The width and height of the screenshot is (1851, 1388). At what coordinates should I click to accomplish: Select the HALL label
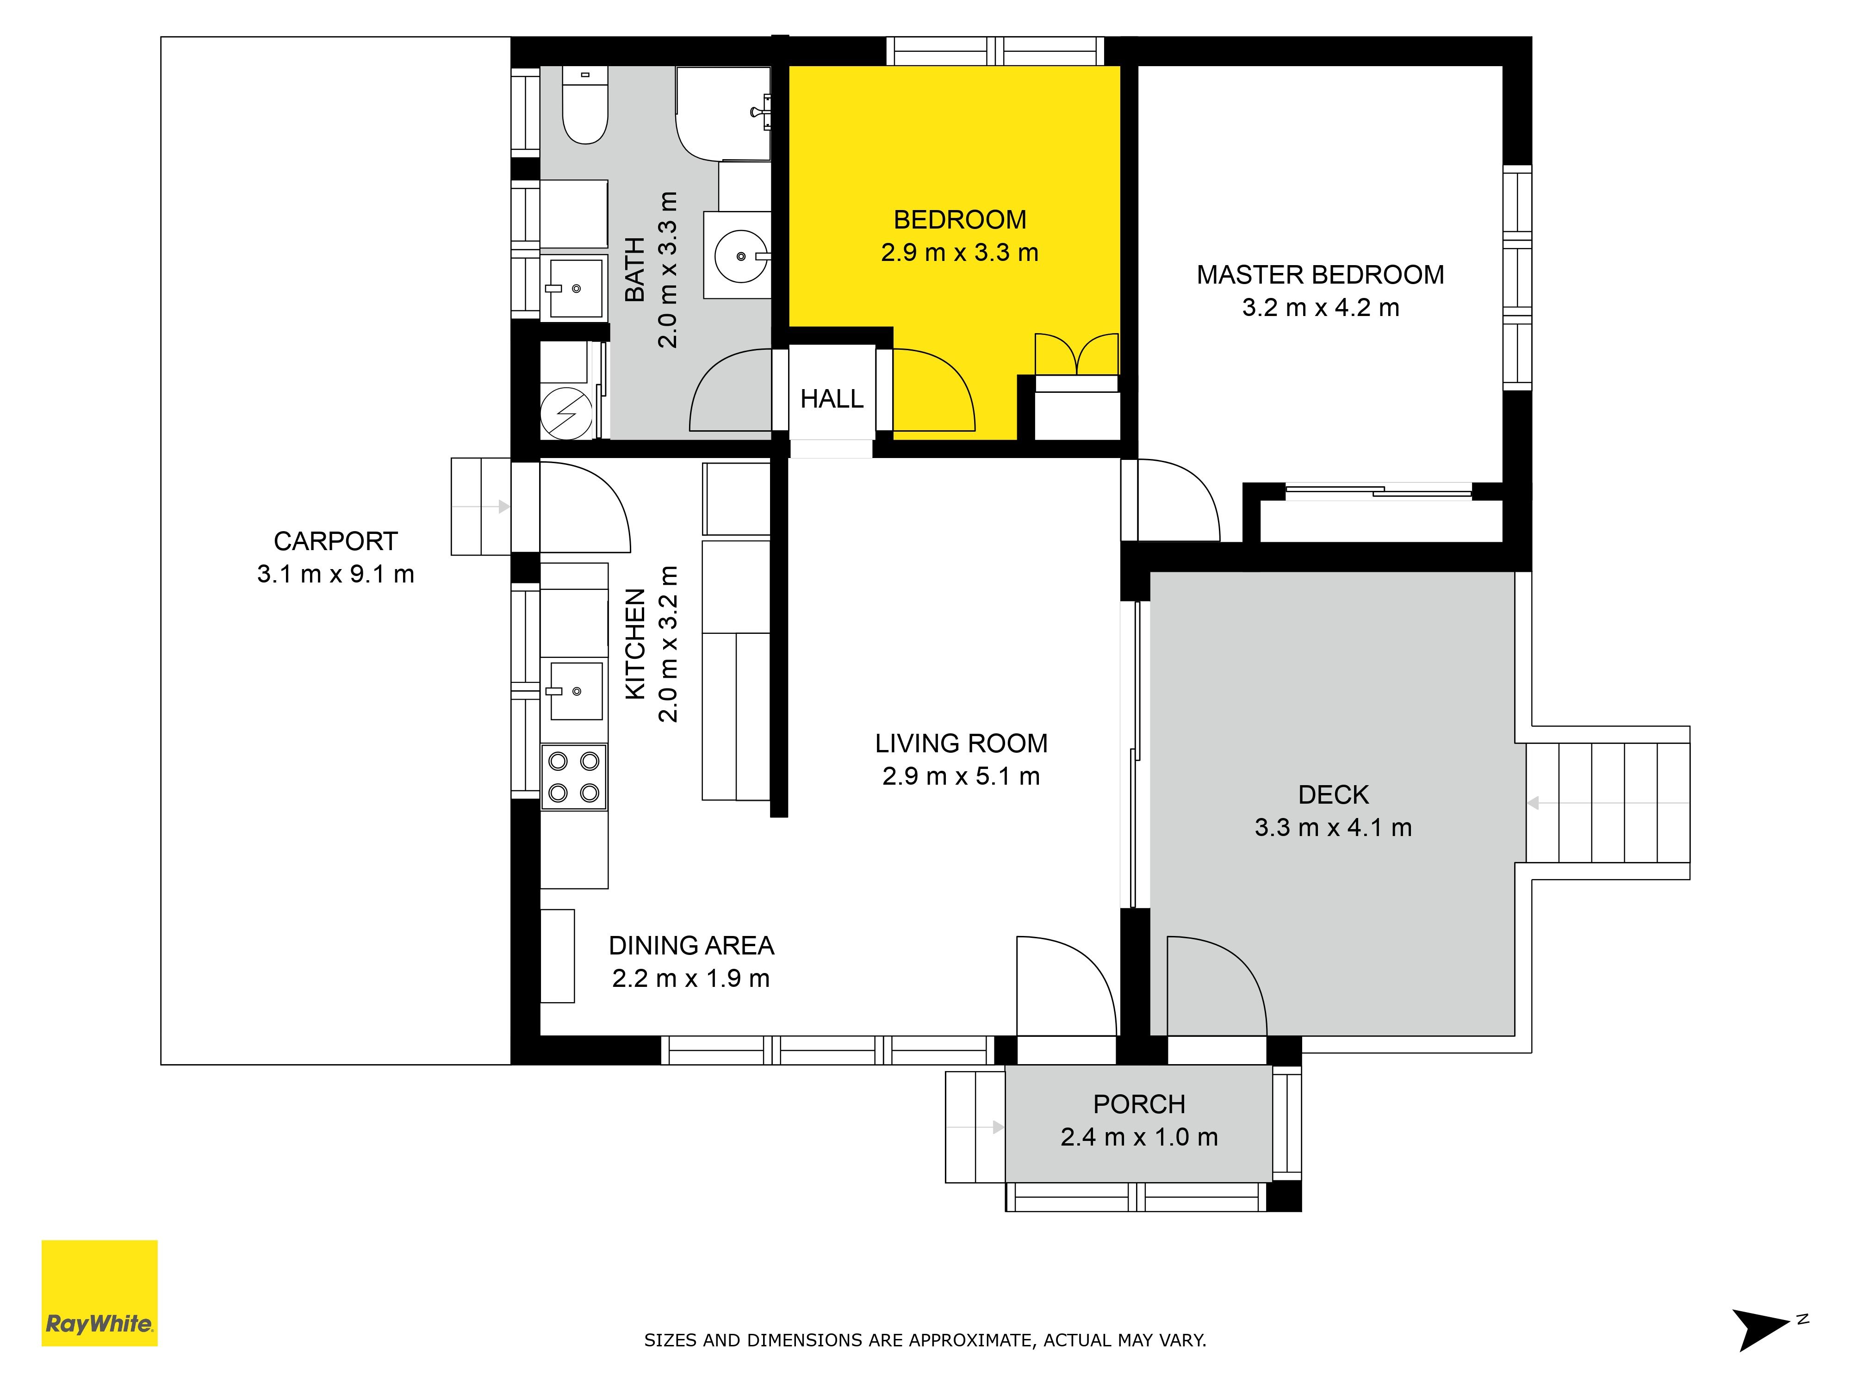coord(831,399)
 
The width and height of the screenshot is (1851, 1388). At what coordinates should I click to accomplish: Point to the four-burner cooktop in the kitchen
coord(574,776)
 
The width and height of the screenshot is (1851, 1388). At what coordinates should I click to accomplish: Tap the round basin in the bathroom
coord(740,256)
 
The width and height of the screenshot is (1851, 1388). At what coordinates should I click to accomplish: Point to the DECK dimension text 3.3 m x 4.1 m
coord(1333,827)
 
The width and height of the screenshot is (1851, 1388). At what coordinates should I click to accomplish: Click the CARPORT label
coord(335,541)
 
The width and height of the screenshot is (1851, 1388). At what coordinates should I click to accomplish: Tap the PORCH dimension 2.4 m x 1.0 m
coord(1139,1137)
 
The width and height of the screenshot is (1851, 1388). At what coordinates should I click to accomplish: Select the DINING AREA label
coord(691,945)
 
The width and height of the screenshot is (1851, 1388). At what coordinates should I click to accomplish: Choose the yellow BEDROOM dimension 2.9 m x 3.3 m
coord(960,253)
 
